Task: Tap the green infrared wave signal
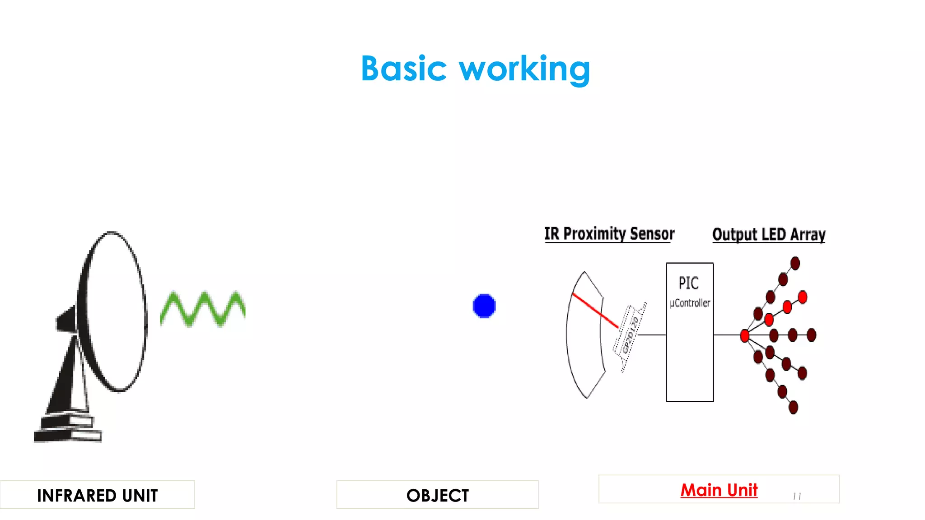coord(203,309)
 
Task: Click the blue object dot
coord(484,306)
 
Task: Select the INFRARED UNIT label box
coord(97,495)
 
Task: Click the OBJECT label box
coord(437,495)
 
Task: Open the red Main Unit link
coord(719,490)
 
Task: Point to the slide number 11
coord(797,497)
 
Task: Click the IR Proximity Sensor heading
coord(609,234)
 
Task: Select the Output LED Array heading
coord(769,235)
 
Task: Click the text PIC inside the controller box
coord(689,283)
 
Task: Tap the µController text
coord(690,303)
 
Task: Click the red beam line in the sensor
coord(595,311)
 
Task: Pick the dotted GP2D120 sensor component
coord(630,336)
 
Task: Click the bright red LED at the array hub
coord(745,335)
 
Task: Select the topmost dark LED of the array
coord(795,263)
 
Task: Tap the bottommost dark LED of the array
coord(793,408)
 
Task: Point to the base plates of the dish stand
coord(68,429)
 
